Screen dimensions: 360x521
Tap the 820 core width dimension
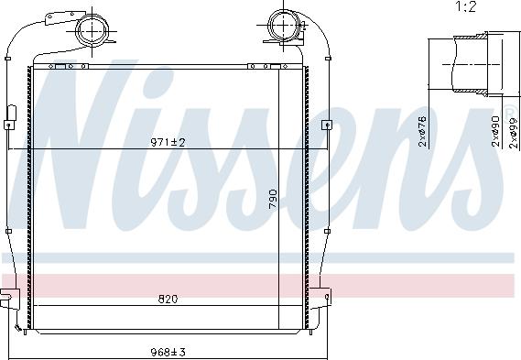point(168,299)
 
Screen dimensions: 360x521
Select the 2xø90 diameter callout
point(495,132)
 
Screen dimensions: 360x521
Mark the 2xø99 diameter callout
point(509,132)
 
